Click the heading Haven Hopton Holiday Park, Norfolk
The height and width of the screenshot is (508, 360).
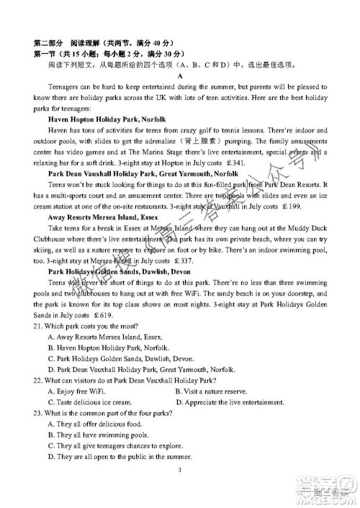click(x=104, y=118)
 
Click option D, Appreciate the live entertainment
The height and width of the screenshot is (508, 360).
click(x=230, y=402)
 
